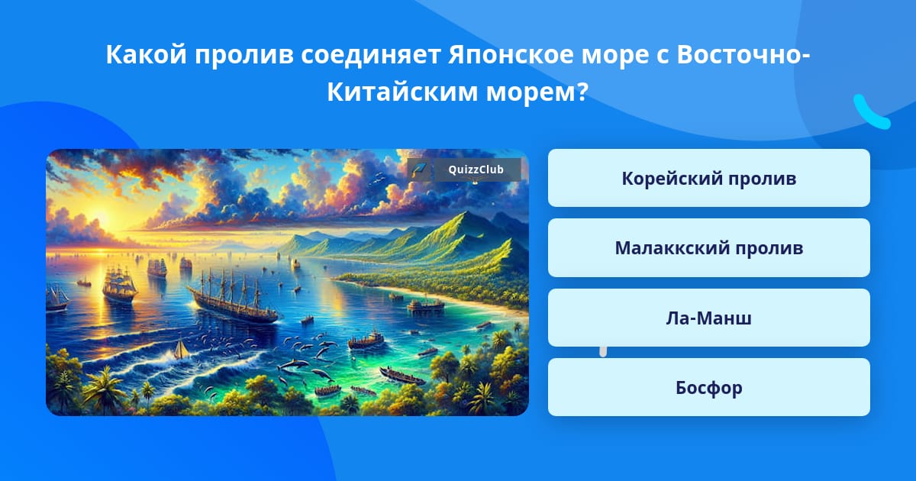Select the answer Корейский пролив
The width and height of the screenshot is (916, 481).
[x=708, y=178]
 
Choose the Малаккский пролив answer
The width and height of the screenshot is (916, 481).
[x=708, y=248]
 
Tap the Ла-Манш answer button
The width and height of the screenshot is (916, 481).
[x=708, y=318]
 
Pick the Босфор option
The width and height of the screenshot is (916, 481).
[x=708, y=387]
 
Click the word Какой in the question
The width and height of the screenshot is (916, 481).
[x=147, y=54]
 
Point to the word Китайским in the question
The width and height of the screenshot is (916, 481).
[x=402, y=92]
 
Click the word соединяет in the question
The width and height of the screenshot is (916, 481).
[x=370, y=54]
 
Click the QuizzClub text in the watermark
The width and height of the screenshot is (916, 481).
[x=476, y=169]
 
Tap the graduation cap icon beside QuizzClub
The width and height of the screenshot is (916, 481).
[x=419, y=169]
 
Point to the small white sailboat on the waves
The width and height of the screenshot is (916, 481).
[x=180, y=348]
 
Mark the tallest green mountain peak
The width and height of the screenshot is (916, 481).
[x=466, y=214]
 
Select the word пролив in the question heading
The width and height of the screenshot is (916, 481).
[x=244, y=54]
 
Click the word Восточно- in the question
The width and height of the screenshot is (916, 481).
[x=743, y=54]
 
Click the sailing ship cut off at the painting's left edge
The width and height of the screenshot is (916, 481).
[x=56, y=298]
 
